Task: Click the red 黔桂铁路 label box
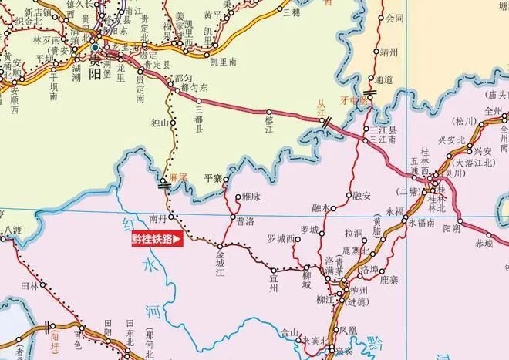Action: pos(158,240)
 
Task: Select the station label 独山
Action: pos(160,122)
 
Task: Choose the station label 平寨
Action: pos(213,179)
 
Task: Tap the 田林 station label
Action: pos(29,285)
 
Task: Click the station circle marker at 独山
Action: pos(173,122)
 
